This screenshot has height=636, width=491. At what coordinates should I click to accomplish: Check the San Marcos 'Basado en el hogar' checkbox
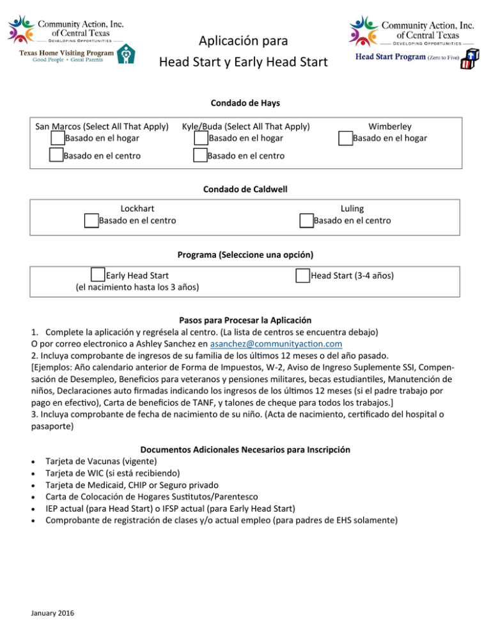tap(57, 138)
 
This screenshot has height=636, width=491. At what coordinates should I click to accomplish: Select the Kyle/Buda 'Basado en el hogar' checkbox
tap(201, 138)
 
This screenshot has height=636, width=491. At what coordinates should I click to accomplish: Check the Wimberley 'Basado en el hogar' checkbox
tap(346, 138)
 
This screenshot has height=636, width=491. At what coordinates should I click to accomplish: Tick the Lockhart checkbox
tap(91, 221)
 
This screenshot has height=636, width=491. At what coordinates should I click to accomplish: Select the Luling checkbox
tap(306, 221)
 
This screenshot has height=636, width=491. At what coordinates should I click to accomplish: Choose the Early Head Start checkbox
tap(98, 276)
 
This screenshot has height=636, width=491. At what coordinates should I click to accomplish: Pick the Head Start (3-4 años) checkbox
tap(302, 276)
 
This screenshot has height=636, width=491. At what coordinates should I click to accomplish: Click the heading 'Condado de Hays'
tap(245, 103)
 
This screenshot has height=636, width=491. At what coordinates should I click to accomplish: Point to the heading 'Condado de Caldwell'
tap(245, 189)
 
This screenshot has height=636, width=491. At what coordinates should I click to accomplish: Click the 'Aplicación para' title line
tap(243, 42)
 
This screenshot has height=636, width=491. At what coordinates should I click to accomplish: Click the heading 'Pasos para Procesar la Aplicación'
tap(245, 319)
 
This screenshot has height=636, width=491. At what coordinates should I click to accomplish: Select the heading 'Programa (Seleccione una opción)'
tap(245, 253)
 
